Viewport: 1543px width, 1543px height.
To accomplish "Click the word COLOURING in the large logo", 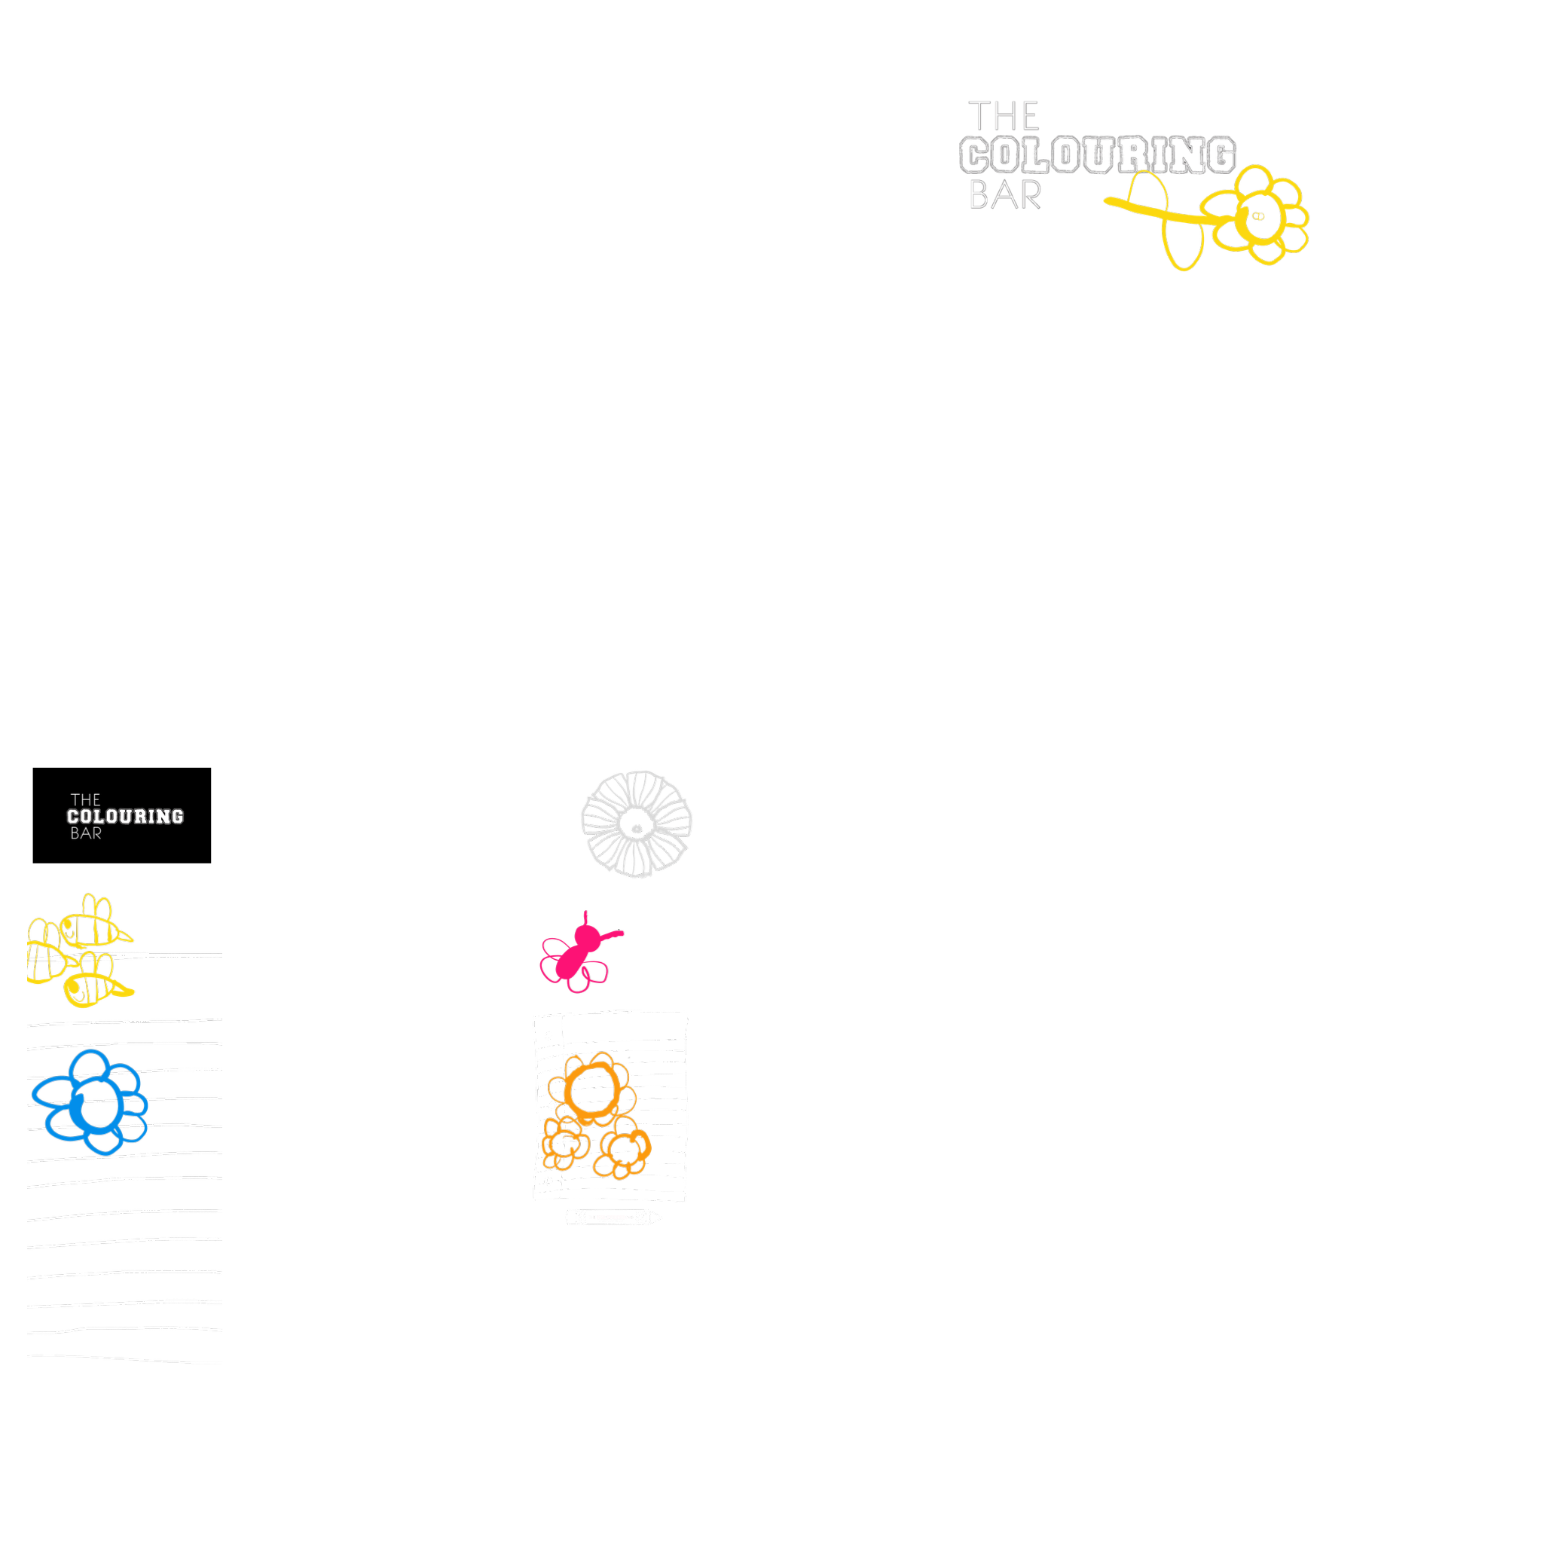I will click(x=1097, y=155).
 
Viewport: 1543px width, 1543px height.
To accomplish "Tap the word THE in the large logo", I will click(x=1003, y=117).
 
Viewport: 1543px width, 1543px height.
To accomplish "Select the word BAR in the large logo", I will click(x=1005, y=196).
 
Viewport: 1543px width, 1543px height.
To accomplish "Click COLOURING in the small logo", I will click(x=125, y=816).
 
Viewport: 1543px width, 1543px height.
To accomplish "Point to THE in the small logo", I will click(x=85, y=799).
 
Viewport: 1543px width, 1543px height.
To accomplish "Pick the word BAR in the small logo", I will click(x=85, y=834).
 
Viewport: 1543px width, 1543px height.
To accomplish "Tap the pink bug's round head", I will click(x=585, y=932).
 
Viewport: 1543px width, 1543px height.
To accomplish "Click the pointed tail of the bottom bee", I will click(x=128, y=993).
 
